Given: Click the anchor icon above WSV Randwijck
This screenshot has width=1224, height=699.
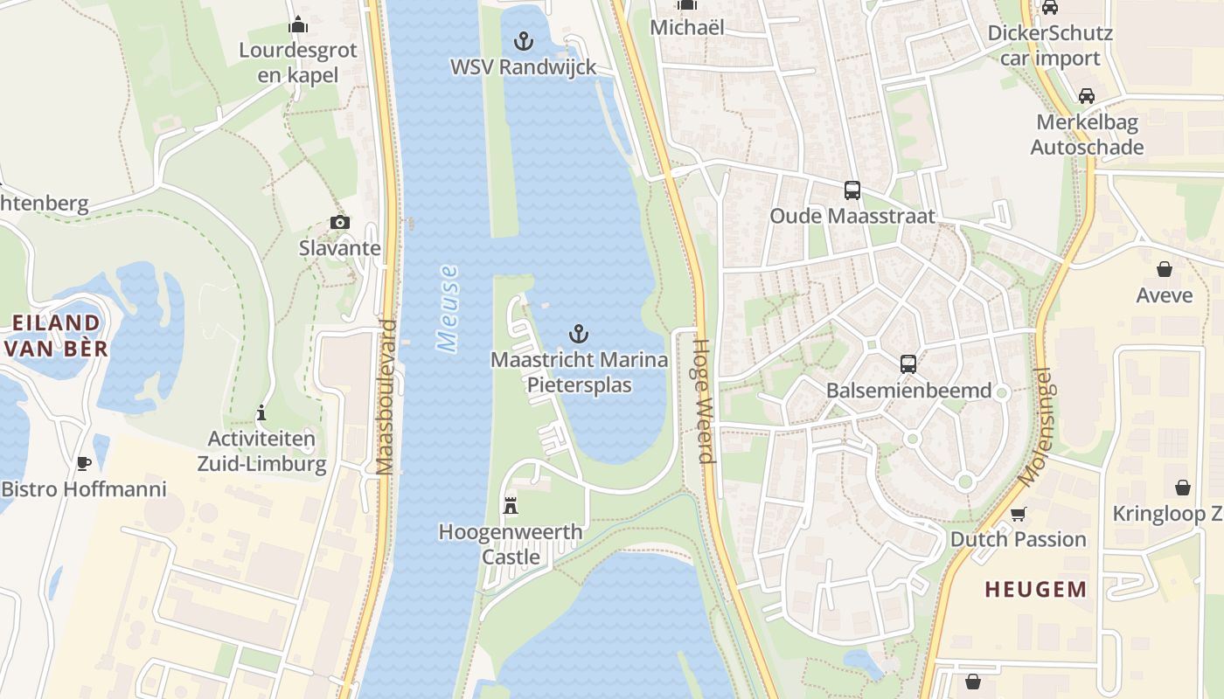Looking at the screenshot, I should [x=523, y=40].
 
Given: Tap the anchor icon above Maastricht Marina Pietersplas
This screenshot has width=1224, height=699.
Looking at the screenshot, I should [x=578, y=333].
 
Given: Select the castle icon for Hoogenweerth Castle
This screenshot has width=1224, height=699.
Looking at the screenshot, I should [x=511, y=505].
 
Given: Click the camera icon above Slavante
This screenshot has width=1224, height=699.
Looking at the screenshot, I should [x=340, y=222].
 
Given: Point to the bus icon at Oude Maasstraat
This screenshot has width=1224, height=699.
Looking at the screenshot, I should [x=852, y=190].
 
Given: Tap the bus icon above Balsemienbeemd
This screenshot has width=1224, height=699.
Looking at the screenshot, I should [x=908, y=363].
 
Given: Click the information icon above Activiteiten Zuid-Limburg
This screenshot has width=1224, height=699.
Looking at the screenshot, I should [x=261, y=412].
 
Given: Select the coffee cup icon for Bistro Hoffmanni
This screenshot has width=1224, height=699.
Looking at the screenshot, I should [x=84, y=462].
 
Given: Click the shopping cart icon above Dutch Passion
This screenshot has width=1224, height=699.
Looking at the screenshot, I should [x=1018, y=513].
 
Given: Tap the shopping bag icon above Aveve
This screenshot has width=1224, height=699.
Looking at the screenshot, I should [x=1165, y=268].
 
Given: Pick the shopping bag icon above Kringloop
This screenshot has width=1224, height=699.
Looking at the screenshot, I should [x=1183, y=487].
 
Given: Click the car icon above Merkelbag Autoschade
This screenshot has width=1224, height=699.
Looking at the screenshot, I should [x=1087, y=95].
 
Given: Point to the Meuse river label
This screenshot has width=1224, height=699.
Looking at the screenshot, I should [x=449, y=308].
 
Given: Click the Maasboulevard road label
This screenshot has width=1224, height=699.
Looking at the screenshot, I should [x=386, y=398].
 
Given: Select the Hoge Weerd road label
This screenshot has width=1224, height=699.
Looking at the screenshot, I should [x=704, y=402].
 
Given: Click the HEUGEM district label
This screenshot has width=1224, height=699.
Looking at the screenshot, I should [x=1036, y=590].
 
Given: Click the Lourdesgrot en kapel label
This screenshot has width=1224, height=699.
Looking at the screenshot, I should [x=298, y=62].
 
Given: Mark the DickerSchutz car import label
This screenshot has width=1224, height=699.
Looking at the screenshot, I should [x=1049, y=45].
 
